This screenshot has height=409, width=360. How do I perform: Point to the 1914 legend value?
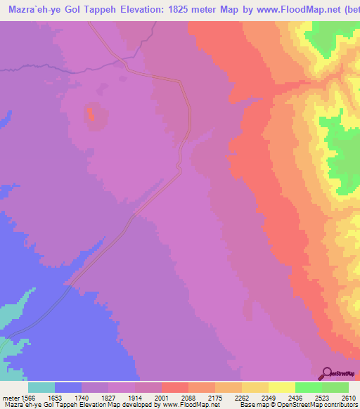point(148,396)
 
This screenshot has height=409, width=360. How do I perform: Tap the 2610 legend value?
point(349,396)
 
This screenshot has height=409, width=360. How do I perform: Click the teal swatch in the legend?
point(41,387)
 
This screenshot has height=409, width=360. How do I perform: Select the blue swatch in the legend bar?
point(68,387)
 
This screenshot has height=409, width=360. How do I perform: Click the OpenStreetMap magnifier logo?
point(326,373)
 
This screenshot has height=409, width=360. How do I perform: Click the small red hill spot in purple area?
point(91,114)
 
